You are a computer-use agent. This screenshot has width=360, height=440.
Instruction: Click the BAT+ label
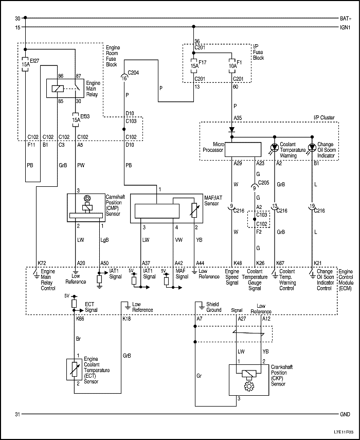pyautogui.click(x=345, y=18)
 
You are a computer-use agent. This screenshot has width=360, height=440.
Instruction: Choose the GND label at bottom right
pyautogui.click(x=345, y=414)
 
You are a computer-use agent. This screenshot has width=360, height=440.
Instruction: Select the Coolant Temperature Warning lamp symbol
pyautogui.click(x=274, y=147)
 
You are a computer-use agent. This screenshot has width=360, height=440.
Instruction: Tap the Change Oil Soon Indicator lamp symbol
pyautogui.click(x=312, y=147)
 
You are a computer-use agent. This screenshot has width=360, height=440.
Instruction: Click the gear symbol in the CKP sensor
pyautogui.click(x=249, y=385)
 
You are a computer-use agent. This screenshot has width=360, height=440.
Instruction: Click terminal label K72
pyautogui.click(x=41, y=263)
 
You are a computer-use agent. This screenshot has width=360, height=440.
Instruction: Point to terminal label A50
pyautogui.click(x=104, y=263)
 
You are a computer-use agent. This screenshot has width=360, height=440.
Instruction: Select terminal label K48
pyautogui.click(x=237, y=263)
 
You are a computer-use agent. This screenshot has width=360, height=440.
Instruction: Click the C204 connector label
pyautogui.click(x=133, y=73)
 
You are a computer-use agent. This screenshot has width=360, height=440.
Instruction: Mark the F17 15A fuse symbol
pyautogui.click(x=194, y=67)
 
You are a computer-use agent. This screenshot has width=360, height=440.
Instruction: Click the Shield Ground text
pyautogui.click(x=213, y=307)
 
